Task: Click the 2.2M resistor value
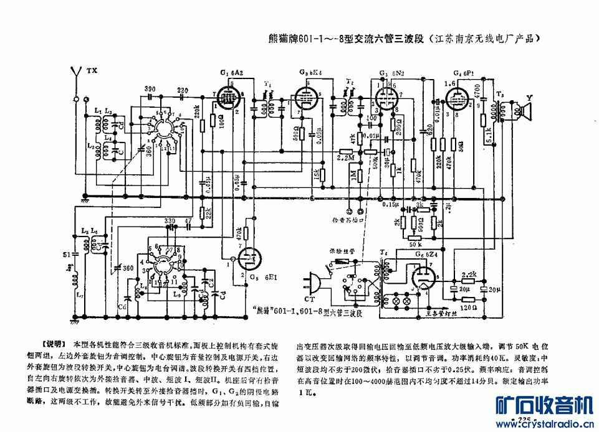tap(345, 159)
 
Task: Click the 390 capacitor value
tap(150, 90)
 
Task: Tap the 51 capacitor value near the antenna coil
tap(67, 254)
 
